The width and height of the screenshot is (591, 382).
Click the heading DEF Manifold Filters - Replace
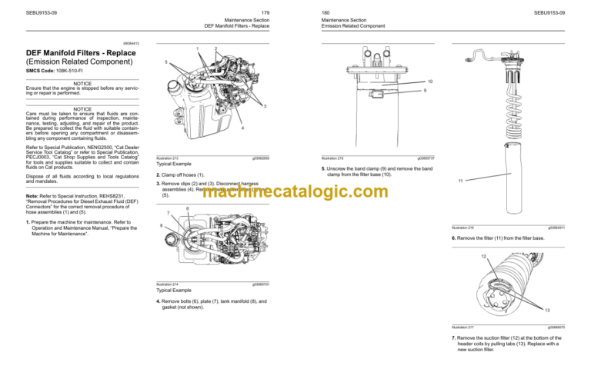click(x=86, y=52)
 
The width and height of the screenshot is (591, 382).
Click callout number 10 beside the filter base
click(x=429, y=81)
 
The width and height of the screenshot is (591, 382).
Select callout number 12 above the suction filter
click(x=483, y=256)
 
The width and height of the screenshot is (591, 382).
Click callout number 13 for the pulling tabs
click(x=547, y=310)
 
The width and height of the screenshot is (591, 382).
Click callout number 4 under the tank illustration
click(x=243, y=128)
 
